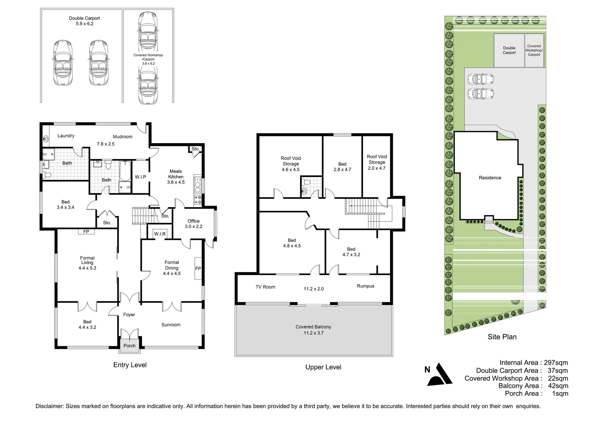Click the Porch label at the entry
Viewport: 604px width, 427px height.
point(129,346)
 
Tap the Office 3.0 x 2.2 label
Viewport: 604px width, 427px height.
point(193,224)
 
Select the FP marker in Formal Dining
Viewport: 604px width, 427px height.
point(198,268)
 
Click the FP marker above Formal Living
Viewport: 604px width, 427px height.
point(86,232)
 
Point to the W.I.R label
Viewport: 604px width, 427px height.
point(160,234)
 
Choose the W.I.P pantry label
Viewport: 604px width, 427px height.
point(140,177)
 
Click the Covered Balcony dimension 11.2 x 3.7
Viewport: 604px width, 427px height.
point(313,333)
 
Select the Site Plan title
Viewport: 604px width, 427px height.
point(502,337)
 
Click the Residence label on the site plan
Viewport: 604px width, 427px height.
point(490,178)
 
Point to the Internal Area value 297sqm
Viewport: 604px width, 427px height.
point(556,363)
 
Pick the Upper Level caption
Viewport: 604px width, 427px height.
point(323,367)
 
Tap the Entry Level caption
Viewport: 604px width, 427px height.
point(130,365)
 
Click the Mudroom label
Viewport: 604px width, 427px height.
point(122,137)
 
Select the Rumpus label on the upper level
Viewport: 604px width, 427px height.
point(365,286)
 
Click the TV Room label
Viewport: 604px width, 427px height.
point(265,287)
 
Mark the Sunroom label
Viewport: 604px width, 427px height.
point(170,325)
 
